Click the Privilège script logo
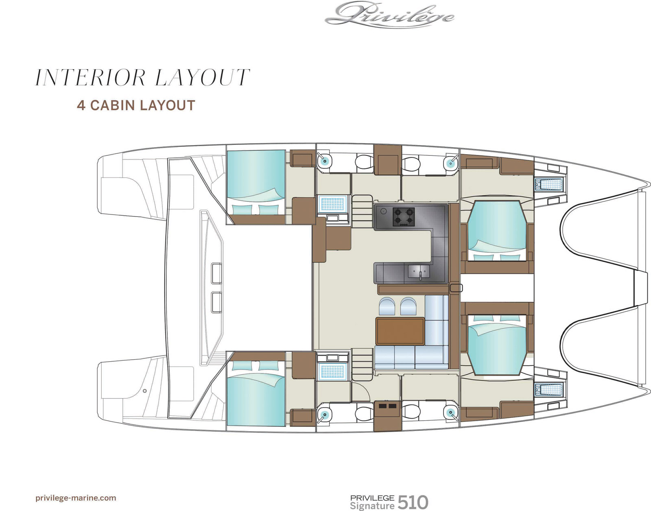click(x=389, y=15)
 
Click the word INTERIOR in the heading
click(x=90, y=78)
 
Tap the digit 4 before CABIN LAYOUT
click(x=81, y=105)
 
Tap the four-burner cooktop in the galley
click(x=404, y=216)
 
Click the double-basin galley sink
click(x=419, y=272)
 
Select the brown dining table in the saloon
click(x=400, y=331)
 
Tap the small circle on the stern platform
click(x=145, y=391)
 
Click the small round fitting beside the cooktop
click(x=382, y=211)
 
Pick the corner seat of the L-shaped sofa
click(x=437, y=357)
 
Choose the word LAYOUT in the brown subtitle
click(x=168, y=105)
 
